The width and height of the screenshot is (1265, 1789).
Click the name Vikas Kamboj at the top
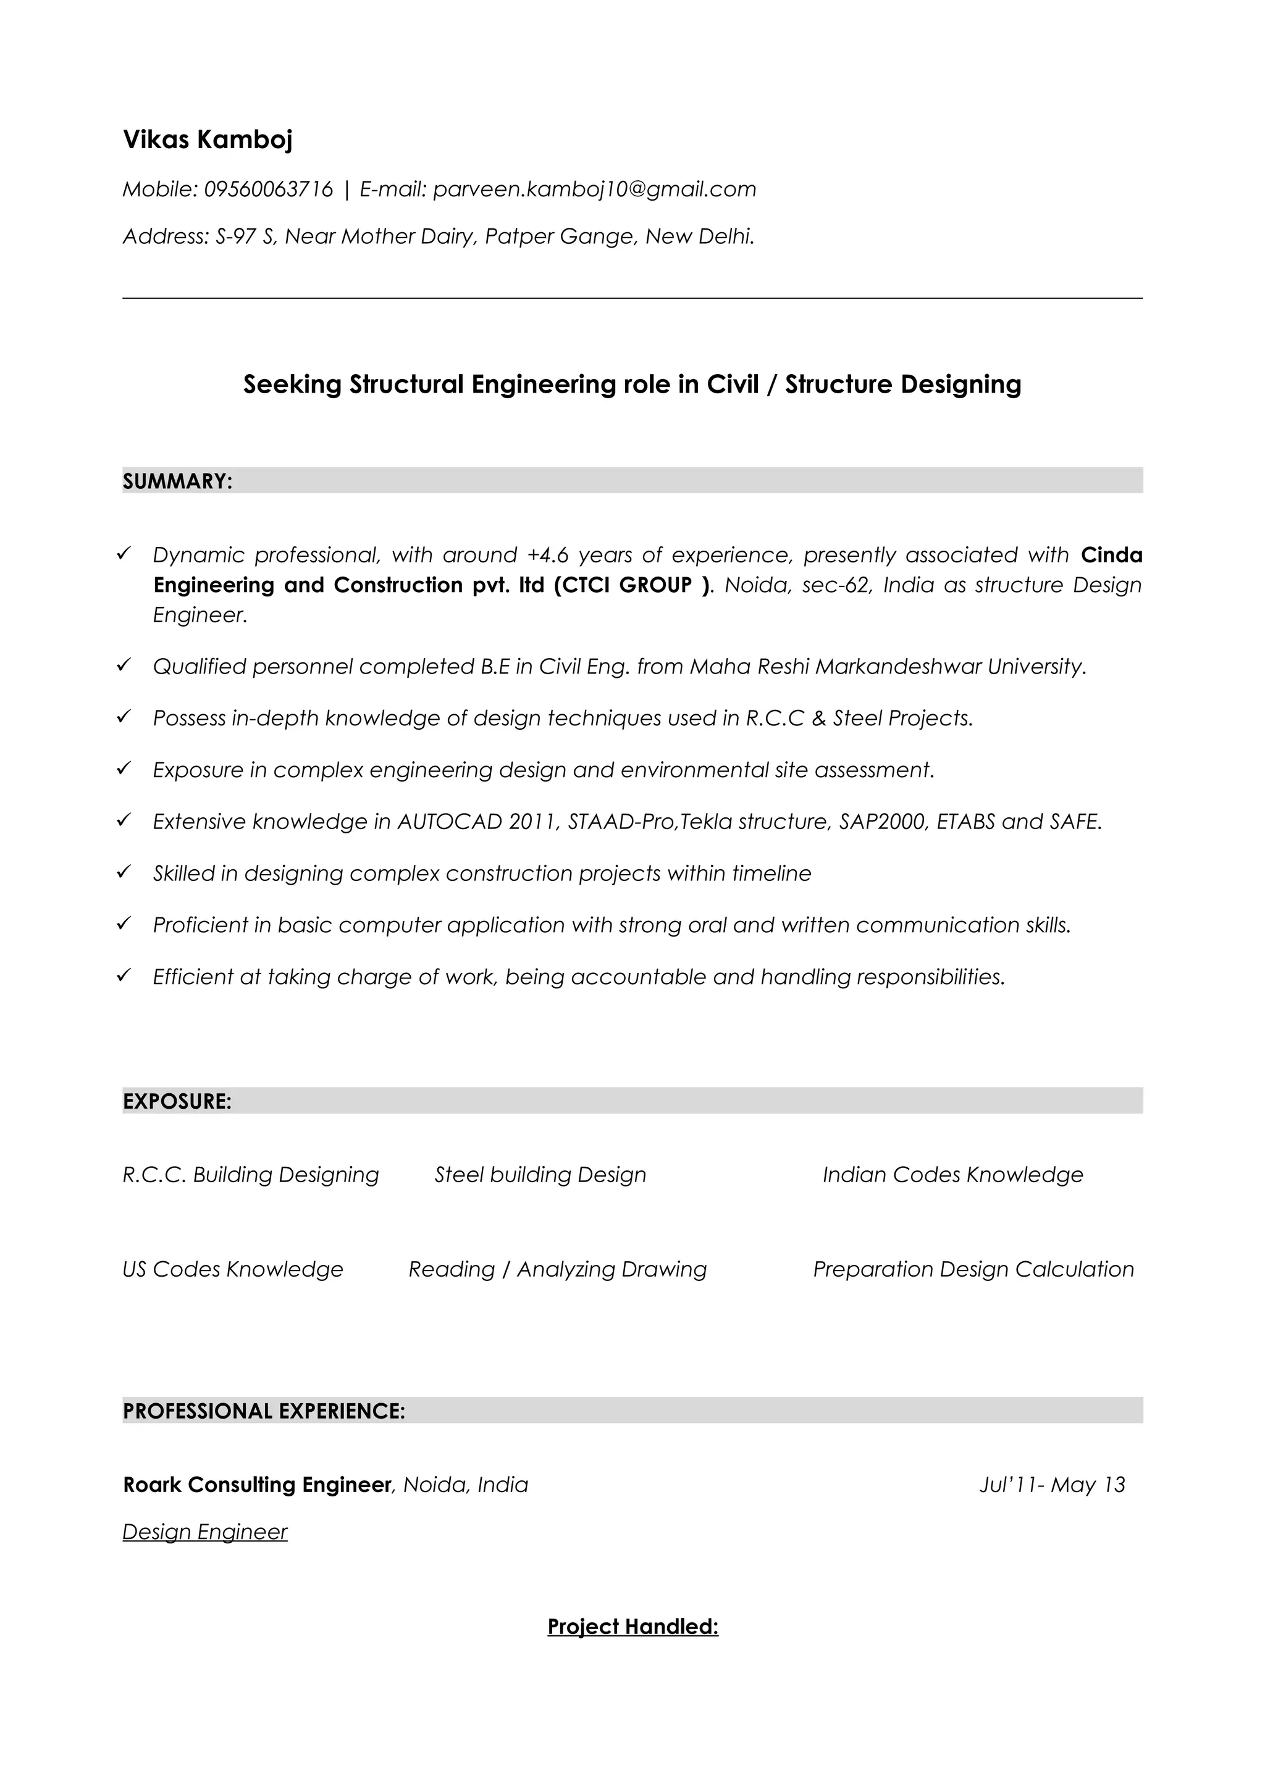[x=208, y=140]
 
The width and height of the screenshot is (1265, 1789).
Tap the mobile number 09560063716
[x=268, y=190]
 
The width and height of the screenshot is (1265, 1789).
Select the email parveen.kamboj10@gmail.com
[x=594, y=190]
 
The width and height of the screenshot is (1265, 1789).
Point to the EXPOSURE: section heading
[x=177, y=1102]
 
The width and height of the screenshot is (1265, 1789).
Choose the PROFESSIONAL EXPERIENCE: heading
[x=264, y=1411]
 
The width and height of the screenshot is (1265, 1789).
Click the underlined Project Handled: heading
[x=632, y=1626]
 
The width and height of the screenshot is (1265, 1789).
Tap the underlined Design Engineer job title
[x=205, y=1532]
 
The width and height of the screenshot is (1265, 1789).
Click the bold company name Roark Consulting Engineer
[x=256, y=1484]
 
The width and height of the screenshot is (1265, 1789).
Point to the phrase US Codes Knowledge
[x=232, y=1269]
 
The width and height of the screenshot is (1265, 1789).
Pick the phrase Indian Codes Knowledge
[x=952, y=1174]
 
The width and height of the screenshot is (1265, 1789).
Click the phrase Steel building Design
[x=540, y=1174]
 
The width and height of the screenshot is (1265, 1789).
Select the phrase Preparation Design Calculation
[x=973, y=1269]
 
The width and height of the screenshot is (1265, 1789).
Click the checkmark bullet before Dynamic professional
[x=123, y=554]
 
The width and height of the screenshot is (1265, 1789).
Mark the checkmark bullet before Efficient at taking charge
[x=123, y=975]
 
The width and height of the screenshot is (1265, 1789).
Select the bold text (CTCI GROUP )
[x=632, y=585]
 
